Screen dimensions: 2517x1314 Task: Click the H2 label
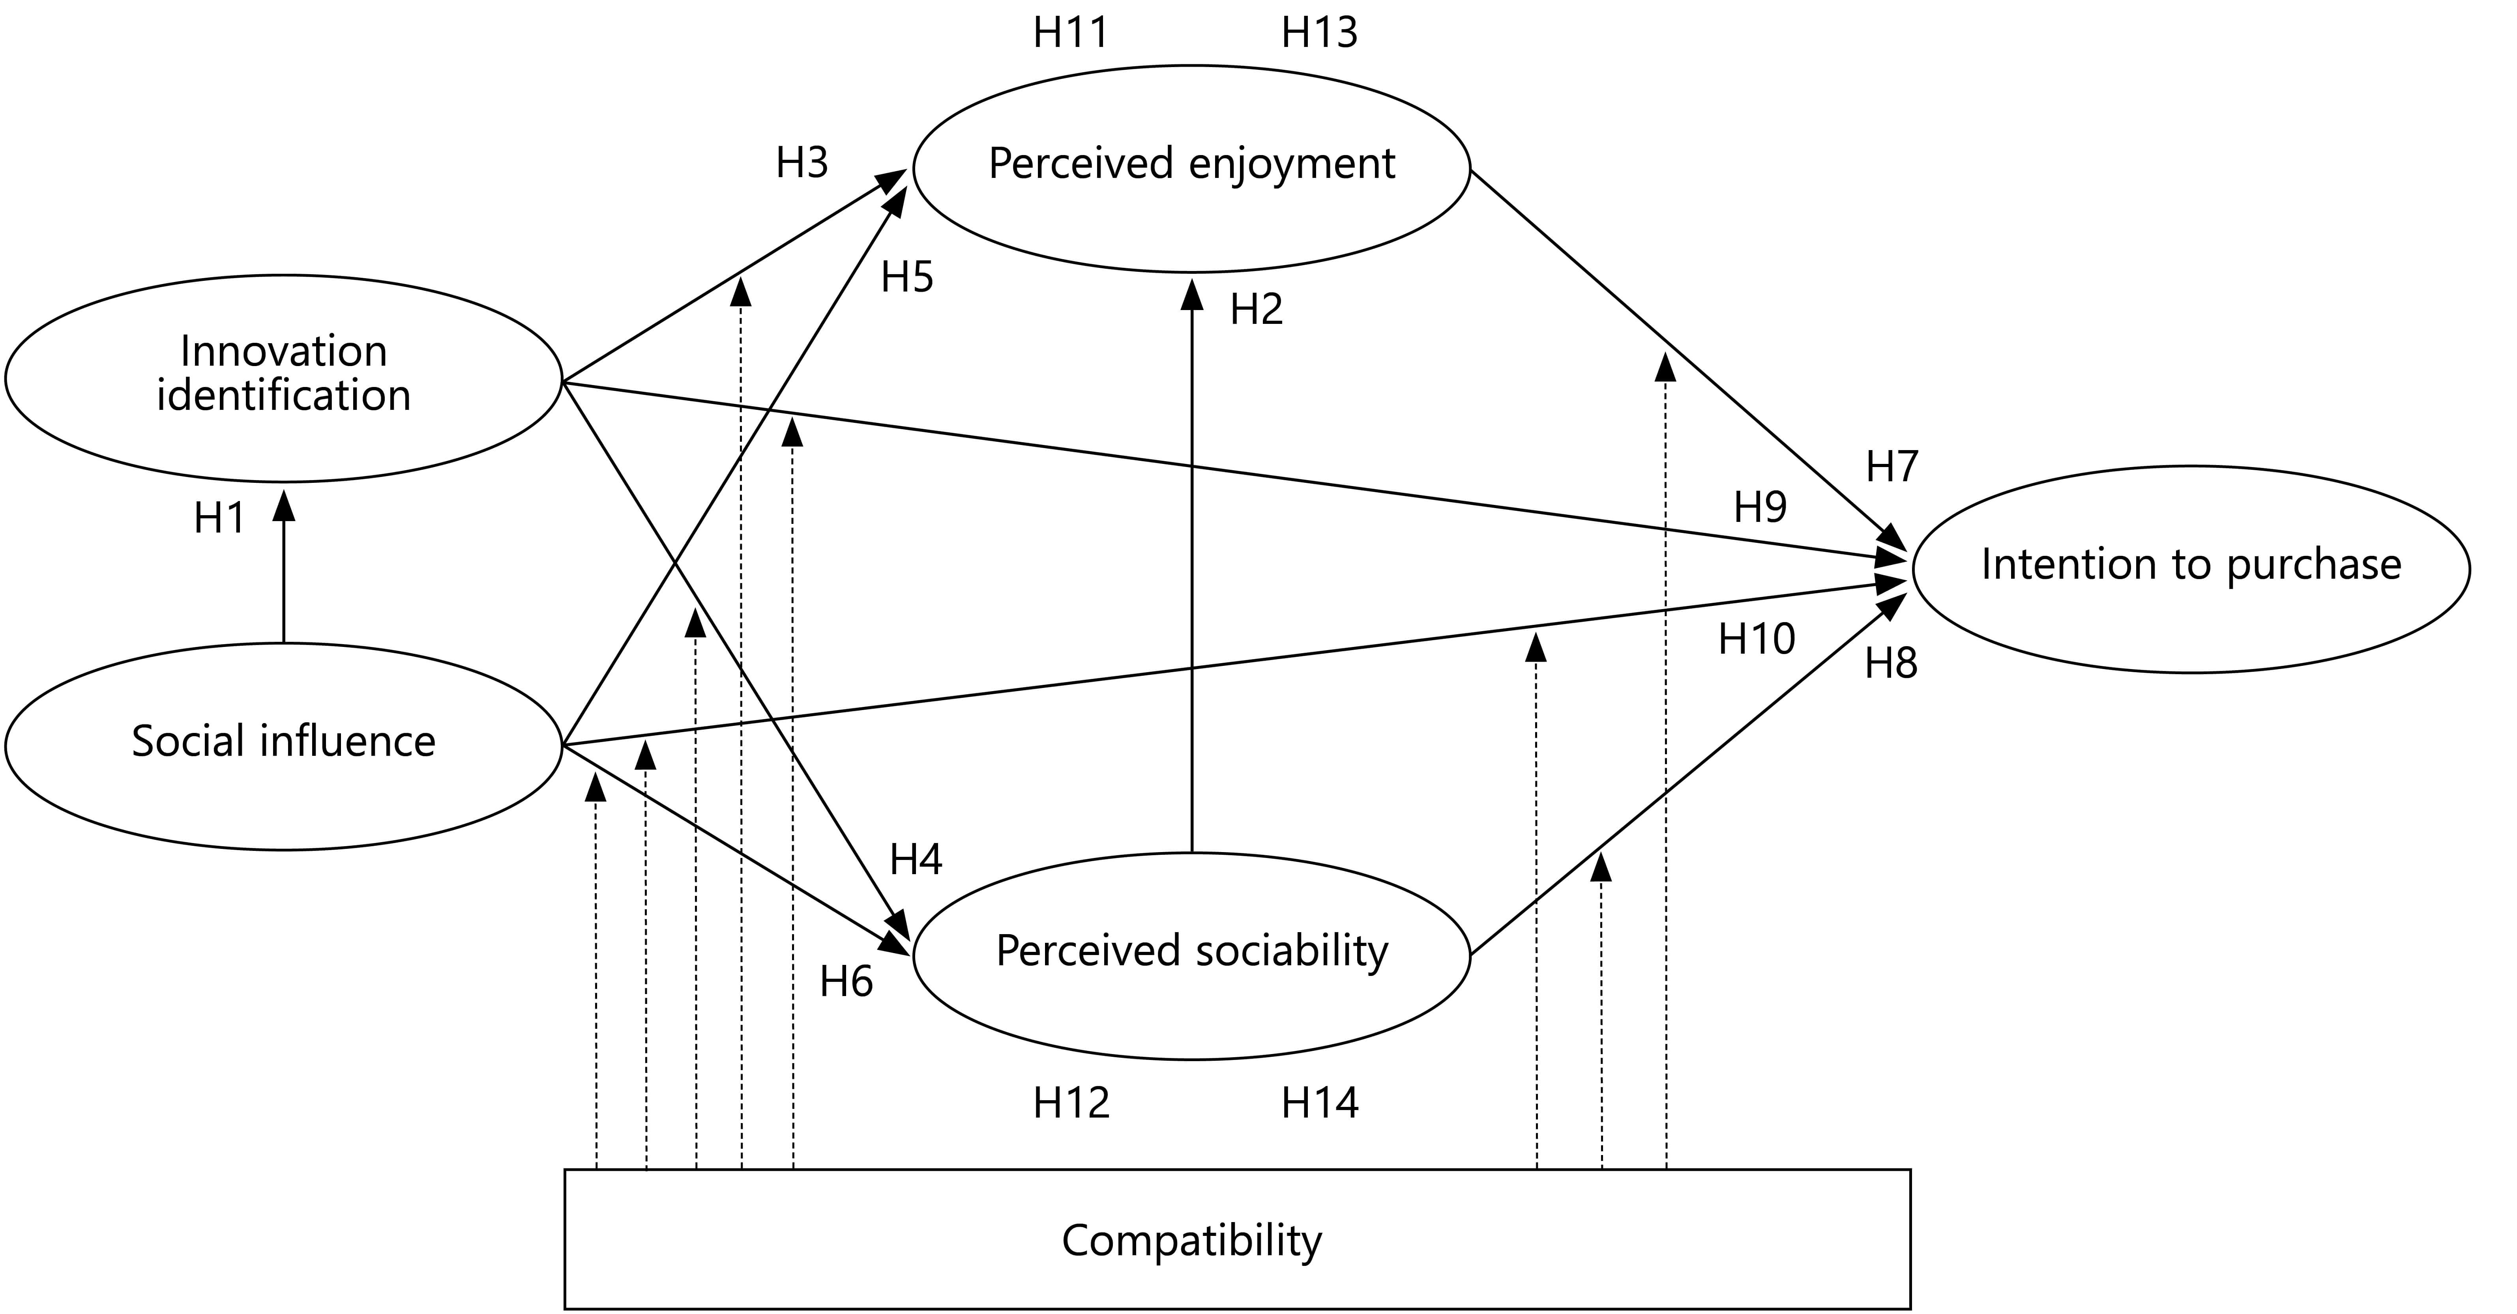[1257, 310]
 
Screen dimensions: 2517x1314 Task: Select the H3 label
[802, 163]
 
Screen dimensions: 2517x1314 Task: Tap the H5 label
[908, 277]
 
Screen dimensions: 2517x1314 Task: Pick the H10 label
[1757, 639]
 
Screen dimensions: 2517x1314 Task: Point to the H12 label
[1072, 1103]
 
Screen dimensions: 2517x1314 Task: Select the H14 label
[1320, 1103]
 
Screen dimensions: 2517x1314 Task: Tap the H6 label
[846, 982]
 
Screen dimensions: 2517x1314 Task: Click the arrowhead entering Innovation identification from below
[283, 503]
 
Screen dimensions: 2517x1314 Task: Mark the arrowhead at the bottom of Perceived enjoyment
[1192, 294]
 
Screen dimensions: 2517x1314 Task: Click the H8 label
[1891, 664]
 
